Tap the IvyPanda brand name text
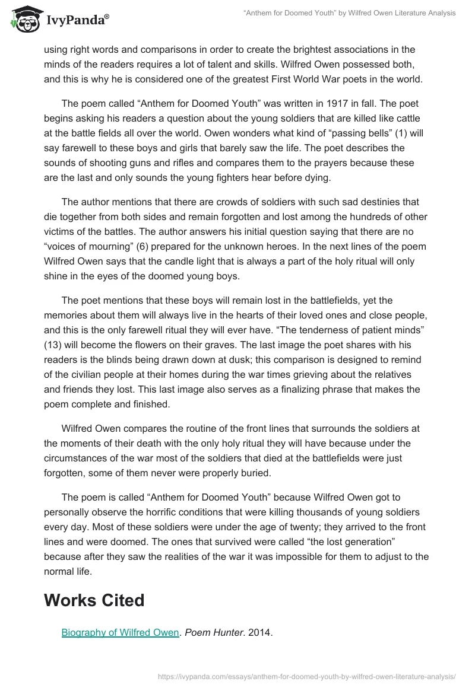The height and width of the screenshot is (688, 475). coord(77,20)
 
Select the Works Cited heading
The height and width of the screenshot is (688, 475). coord(94,600)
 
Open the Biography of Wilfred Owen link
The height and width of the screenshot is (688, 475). coord(120,632)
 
